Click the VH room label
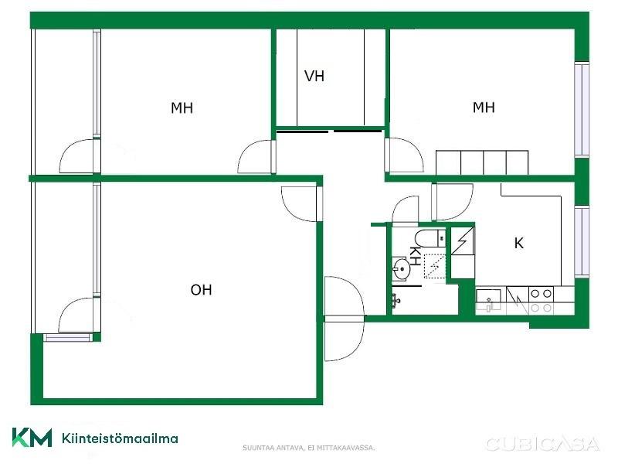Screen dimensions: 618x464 point(314,76)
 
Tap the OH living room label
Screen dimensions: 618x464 point(201,290)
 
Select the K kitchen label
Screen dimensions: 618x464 point(518,243)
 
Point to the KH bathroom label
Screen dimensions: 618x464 point(414,256)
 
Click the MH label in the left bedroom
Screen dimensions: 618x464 point(182,107)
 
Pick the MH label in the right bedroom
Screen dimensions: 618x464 point(484,107)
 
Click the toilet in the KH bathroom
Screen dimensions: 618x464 point(430,237)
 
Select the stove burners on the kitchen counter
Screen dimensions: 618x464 point(542,301)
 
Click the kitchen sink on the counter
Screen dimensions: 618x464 point(488,300)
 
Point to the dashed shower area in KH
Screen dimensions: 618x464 point(434,266)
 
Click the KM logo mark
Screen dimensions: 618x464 point(32,438)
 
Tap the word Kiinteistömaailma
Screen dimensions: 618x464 point(120,438)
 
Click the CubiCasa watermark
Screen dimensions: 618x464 point(543,444)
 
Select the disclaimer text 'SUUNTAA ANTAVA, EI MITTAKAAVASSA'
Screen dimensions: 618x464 point(308,448)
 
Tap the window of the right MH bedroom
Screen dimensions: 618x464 point(582,109)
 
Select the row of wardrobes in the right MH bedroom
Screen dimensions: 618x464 point(482,162)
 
